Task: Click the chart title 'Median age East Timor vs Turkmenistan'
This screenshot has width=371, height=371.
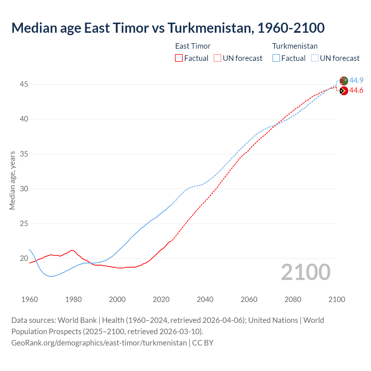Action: (168, 28)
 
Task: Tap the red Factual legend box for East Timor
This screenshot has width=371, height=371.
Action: (179, 58)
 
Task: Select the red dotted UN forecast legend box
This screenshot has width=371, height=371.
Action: (217, 58)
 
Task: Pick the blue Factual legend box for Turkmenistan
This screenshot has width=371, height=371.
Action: (276, 58)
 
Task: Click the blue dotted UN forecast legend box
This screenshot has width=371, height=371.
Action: (314, 58)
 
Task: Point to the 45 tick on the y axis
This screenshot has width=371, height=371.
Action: (24, 84)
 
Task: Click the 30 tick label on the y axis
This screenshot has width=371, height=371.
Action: (24, 189)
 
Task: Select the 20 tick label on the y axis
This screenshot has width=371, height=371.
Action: (24, 258)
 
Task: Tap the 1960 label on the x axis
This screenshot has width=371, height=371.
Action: (30, 299)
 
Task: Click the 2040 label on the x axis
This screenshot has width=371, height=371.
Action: (205, 299)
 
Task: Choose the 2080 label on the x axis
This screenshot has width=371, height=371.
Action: (293, 299)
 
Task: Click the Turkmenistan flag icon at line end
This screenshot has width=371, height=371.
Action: (344, 81)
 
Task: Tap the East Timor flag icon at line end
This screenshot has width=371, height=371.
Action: (344, 91)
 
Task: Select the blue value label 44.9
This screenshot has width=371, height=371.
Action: (356, 80)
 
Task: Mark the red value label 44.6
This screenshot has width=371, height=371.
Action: (356, 90)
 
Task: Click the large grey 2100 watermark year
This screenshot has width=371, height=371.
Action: (305, 272)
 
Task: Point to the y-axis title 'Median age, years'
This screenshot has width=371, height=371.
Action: (12, 180)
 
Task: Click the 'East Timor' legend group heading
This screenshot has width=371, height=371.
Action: (193, 46)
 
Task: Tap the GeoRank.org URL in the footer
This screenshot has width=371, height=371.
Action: (99, 343)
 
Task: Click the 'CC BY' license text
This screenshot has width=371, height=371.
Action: (203, 343)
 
